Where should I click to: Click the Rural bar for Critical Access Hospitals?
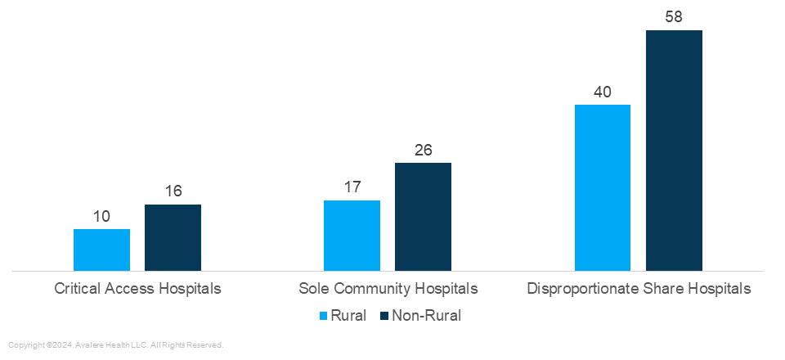pos(101,250)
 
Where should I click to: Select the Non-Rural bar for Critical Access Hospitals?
pos(173,237)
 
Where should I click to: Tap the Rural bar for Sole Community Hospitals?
pos(352,235)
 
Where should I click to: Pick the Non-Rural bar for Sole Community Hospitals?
pos(423,216)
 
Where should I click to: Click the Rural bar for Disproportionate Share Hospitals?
pos(603,187)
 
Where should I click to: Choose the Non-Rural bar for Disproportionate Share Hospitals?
pos(674,151)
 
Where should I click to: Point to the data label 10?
pos(101,217)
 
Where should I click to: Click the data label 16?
pos(173,191)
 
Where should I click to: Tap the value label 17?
pos(352,187)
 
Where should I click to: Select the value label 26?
pos(423,150)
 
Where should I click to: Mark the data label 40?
pos(603,92)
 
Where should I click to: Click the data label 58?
pos(674,17)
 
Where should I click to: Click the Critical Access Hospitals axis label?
pos(137,289)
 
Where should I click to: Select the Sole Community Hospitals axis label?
pos(388,289)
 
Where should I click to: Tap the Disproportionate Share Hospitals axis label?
pos(639,289)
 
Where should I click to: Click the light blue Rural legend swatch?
pos(323,316)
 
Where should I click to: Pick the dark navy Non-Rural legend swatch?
pos(384,316)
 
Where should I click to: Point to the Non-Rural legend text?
pos(426,316)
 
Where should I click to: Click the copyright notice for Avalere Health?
pos(115,345)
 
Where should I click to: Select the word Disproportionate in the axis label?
pos(579,289)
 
